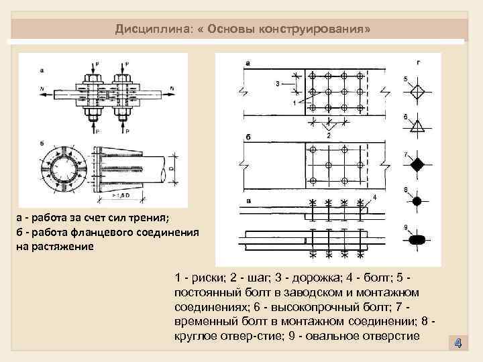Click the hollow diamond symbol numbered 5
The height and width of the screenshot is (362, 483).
coord(417,90)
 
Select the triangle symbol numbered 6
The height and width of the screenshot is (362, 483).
coord(417,126)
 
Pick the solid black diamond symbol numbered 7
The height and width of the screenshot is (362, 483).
coord(417,164)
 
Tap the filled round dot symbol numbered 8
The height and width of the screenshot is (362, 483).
coord(417,200)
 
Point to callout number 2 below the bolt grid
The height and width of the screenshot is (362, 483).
coord(328,134)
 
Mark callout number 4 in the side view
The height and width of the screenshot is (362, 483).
coord(374,196)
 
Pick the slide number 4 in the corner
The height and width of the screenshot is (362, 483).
coord(458,343)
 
